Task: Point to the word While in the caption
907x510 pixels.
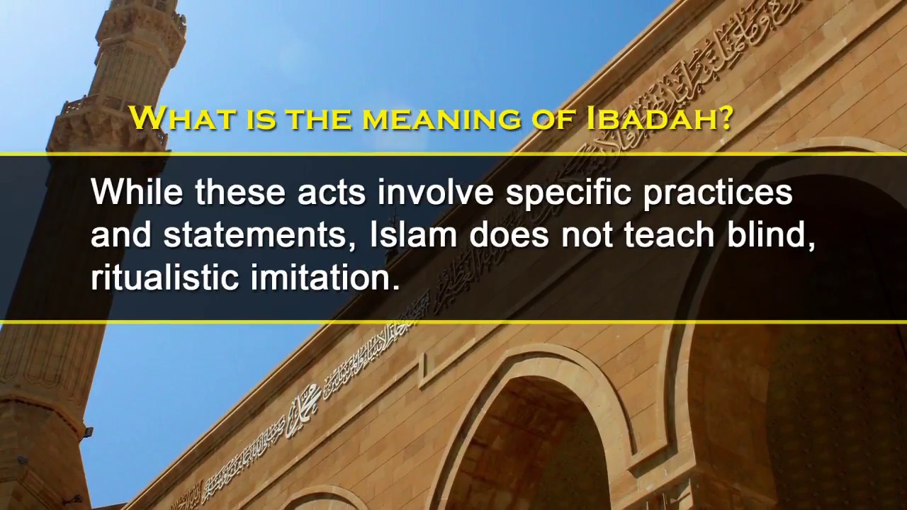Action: click(x=137, y=192)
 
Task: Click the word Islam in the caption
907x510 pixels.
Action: click(x=413, y=234)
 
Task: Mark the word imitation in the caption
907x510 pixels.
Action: click(x=325, y=277)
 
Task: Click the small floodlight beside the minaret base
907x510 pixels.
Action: click(x=87, y=431)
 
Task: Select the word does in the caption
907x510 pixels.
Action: click(x=509, y=234)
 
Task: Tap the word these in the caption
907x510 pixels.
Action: click(x=240, y=192)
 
